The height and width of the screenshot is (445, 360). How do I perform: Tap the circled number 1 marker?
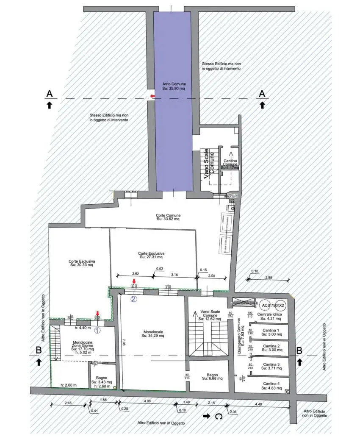point(97,329)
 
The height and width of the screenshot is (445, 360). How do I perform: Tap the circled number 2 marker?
point(133,298)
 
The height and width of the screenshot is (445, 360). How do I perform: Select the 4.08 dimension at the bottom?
point(147,400)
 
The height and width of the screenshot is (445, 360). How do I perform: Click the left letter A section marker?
point(49,93)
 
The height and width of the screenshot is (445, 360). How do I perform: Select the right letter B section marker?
point(299,350)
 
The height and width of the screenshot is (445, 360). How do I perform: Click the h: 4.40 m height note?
point(82,327)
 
